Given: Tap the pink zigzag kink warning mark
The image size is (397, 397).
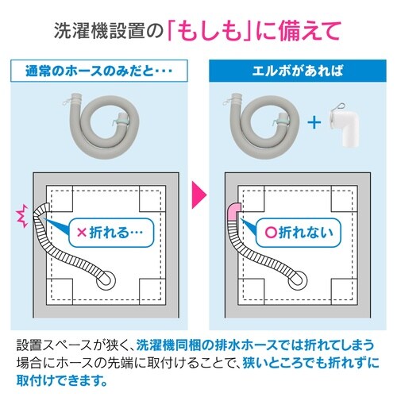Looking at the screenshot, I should pyautogui.click(x=21, y=213).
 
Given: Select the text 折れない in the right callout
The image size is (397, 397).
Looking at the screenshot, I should pyautogui.click(x=314, y=234).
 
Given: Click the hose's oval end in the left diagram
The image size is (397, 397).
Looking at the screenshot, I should pyautogui.click(x=106, y=279).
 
